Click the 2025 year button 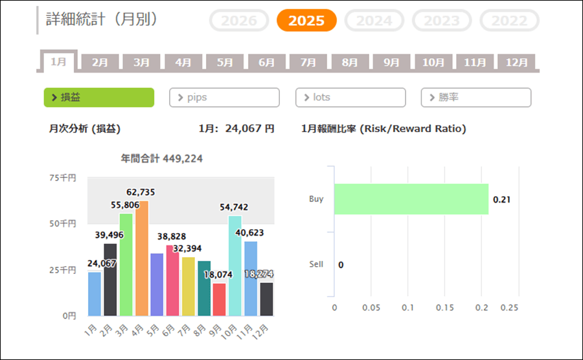[x=306, y=21]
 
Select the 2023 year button [x=442, y=21]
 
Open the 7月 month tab [x=308, y=62]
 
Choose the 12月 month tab [x=517, y=62]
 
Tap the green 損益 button [x=98, y=97]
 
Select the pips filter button [x=224, y=97]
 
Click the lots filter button [x=350, y=97]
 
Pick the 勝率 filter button [x=476, y=97]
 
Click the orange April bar [x=141, y=258]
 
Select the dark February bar [x=110, y=280]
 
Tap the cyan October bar [x=235, y=265]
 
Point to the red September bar [x=220, y=299]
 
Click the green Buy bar [x=411, y=199]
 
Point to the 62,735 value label [x=141, y=192]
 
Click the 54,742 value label [x=234, y=207]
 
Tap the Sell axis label [x=316, y=264]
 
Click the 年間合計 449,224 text [x=162, y=158]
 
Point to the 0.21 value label [x=502, y=199]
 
